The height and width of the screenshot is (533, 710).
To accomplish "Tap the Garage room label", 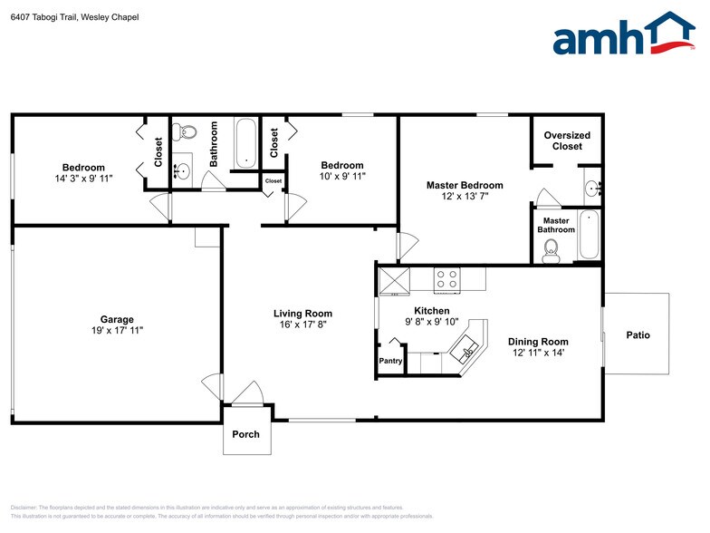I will click(117, 319).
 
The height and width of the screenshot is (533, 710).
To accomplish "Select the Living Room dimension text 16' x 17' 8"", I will click(302, 325).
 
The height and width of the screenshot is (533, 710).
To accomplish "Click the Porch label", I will click(245, 434).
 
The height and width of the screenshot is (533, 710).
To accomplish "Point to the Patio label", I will click(638, 335).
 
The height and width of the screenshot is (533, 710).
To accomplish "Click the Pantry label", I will click(390, 361).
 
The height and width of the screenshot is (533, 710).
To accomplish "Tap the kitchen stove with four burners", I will click(446, 279).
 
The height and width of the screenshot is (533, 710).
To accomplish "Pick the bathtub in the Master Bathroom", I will click(590, 234).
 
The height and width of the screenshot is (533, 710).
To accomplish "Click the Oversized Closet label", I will click(567, 141).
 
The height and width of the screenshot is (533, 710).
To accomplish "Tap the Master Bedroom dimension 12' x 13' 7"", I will click(465, 197).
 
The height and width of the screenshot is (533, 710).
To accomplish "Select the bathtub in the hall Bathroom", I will click(245, 142).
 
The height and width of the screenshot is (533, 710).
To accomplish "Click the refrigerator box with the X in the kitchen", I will click(394, 280).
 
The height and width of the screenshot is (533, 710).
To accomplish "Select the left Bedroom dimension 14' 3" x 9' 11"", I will click(83, 179).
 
